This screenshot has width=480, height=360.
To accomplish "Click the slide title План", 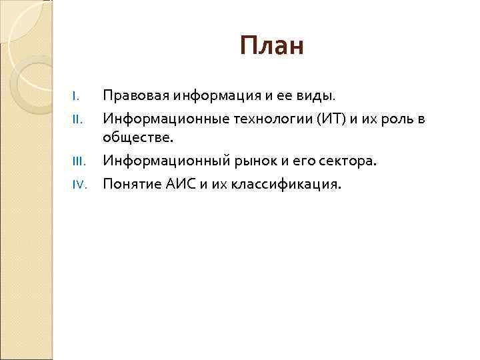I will click(x=271, y=47).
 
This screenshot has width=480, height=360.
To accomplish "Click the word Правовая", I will click(x=135, y=96).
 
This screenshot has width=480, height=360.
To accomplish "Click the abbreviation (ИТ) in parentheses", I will click(x=323, y=119).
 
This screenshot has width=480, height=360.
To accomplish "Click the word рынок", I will click(x=247, y=161).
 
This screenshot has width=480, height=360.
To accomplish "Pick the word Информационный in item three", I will click(x=159, y=161).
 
